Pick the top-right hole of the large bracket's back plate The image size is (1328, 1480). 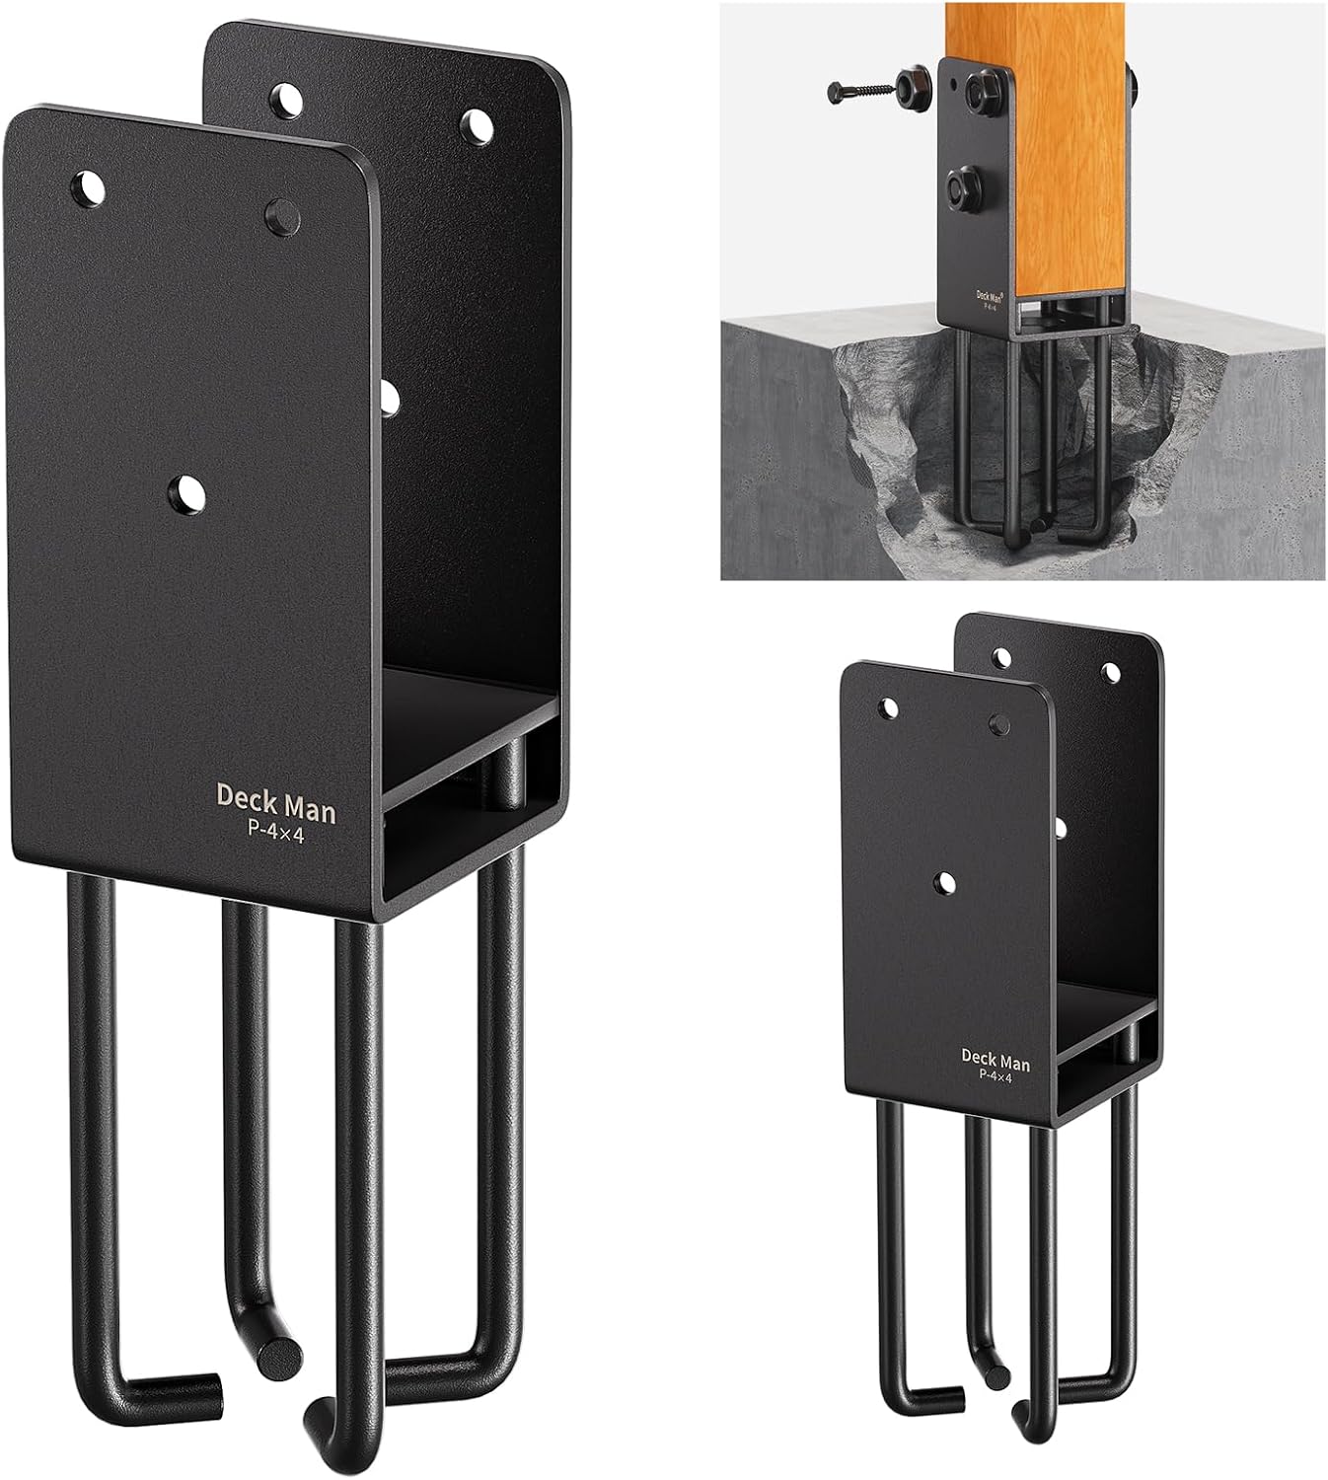pyautogui.click(x=479, y=123)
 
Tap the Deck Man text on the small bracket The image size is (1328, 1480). pyautogui.click(x=996, y=1062)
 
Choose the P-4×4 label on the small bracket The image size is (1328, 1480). pyautogui.click(x=996, y=1078)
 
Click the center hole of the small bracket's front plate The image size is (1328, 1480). pyautogui.click(x=945, y=882)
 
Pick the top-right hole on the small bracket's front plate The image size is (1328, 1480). pyautogui.click(x=1002, y=723)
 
